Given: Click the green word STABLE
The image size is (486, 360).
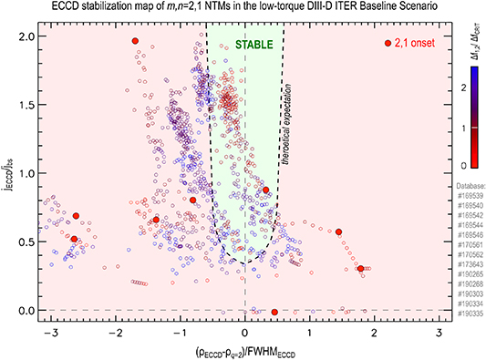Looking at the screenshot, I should point(246,43).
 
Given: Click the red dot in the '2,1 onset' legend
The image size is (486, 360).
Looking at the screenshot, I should point(388,43).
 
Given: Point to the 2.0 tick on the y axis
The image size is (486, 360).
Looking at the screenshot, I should point(24,36).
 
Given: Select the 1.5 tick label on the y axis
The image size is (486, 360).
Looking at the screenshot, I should point(24,105).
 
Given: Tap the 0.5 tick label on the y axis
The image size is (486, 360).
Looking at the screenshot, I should point(24,242).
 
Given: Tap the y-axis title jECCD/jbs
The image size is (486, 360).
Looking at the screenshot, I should point(8,173).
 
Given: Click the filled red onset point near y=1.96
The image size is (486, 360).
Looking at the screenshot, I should point(135,41).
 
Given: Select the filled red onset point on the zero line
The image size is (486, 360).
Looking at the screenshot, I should point(274,313).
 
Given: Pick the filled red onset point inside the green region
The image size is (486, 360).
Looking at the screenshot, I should point(265,190).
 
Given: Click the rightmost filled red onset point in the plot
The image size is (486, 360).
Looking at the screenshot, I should point(361,269).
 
